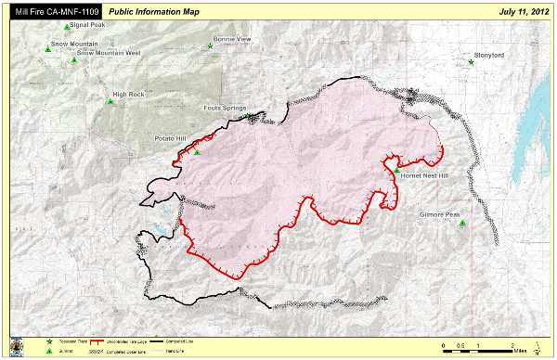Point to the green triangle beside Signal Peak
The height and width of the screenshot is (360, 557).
(67, 27)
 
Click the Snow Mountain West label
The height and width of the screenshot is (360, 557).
(109, 53)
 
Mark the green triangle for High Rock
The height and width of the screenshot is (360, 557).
(110, 101)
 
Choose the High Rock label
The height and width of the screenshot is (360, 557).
(128, 95)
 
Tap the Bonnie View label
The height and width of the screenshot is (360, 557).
(232, 40)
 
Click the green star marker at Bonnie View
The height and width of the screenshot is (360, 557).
(211, 46)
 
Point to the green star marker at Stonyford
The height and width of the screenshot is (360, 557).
(472, 61)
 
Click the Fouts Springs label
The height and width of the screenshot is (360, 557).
(225, 108)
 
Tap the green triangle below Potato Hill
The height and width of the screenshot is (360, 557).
(196, 152)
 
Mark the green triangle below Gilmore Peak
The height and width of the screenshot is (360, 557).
(461, 223)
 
